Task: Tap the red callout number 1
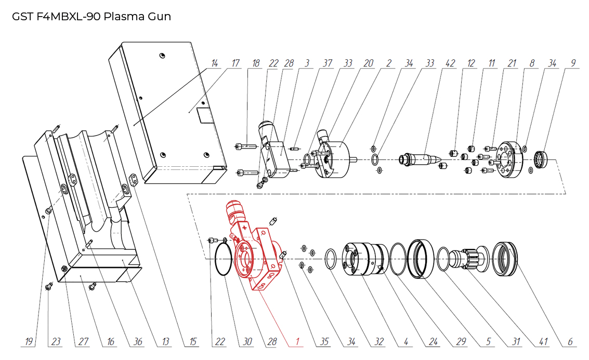(297, 341)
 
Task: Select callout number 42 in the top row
(450, 63)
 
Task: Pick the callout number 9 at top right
(573, 63)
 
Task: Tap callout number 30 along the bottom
(247, 341)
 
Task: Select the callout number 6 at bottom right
(570, 341)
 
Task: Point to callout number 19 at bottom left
(29, 341)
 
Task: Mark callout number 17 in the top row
(235, 63)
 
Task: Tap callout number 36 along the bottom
(137, 341)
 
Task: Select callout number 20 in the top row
(368, 63)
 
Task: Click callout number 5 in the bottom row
(488, 341)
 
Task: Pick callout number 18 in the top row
(255, 63)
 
